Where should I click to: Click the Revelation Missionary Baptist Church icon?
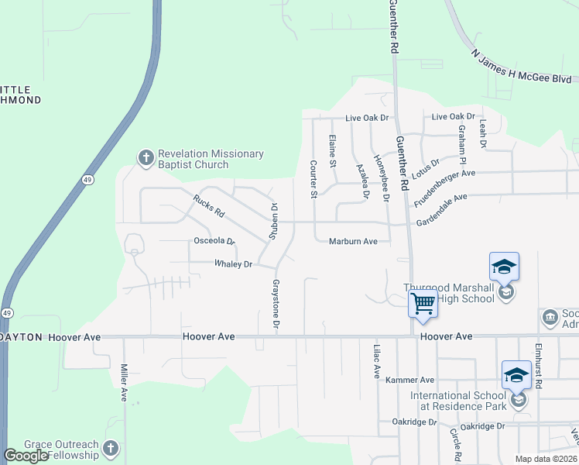click(x=146, y=159)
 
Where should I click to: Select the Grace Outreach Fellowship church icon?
click(x=111, y=449)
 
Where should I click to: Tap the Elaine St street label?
click(x=332, y=150)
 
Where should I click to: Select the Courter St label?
click(x=313, y=179)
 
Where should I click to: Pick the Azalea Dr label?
click(x=359, y=181)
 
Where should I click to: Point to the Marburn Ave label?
click(x=353, y=242)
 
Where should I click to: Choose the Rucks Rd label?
click(x=208, y=205)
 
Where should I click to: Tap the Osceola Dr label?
click(x=213, y=241)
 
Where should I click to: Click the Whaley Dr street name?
click(x=234, y=264)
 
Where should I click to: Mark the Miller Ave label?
click(x=124, y=383)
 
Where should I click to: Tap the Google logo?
click(x=26, y=456)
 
